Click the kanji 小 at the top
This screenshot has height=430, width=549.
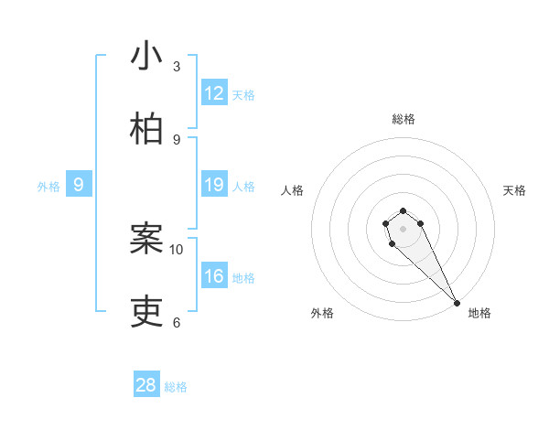[146, 57]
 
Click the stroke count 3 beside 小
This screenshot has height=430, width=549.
[177, 67]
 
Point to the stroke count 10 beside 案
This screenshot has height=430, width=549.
[177, 249]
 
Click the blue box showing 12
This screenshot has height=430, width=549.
[214, 93]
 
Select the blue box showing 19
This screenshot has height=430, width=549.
[214, 185]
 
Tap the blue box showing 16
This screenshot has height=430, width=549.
[214, 276]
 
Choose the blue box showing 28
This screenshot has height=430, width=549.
[146, 385]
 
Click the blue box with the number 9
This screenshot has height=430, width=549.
[79, 185]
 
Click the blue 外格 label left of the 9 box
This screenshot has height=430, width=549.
[48, 187]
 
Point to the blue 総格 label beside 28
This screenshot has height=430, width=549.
[176, 387]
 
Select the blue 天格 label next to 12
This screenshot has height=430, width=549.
[243, 95]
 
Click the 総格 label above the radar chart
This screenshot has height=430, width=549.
[404, 119]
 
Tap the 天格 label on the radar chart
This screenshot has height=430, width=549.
[515, 190]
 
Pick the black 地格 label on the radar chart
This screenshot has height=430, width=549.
[479, 313]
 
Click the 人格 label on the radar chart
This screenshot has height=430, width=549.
[292, 190]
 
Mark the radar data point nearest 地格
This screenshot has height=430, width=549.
[457, 303]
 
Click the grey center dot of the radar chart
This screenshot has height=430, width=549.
[403, 229]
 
